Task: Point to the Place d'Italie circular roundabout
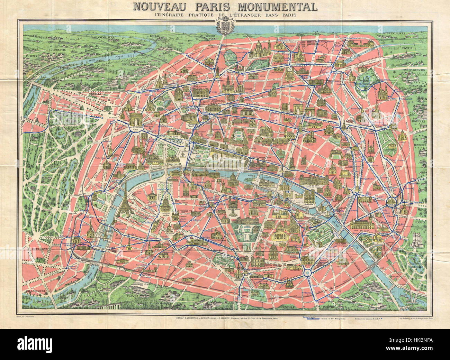pyautogui.click(x=307, y=272)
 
